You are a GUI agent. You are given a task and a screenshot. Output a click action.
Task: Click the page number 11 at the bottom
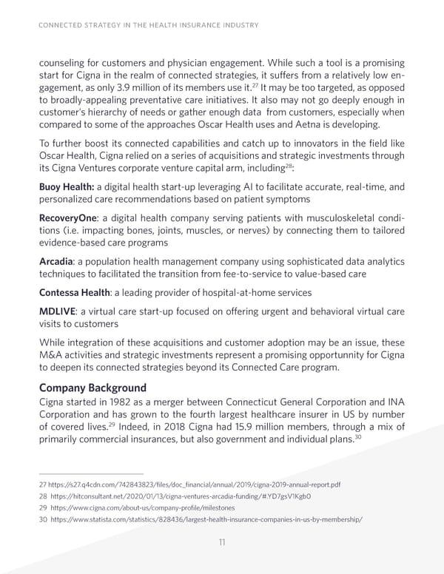pyautogui.click(x=222, y=543)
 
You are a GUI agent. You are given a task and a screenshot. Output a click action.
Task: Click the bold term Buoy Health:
pyautogui.click(x=65, y=188)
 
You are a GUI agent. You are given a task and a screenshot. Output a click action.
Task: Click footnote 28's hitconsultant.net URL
pyautogui.click(x=166, y=497)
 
